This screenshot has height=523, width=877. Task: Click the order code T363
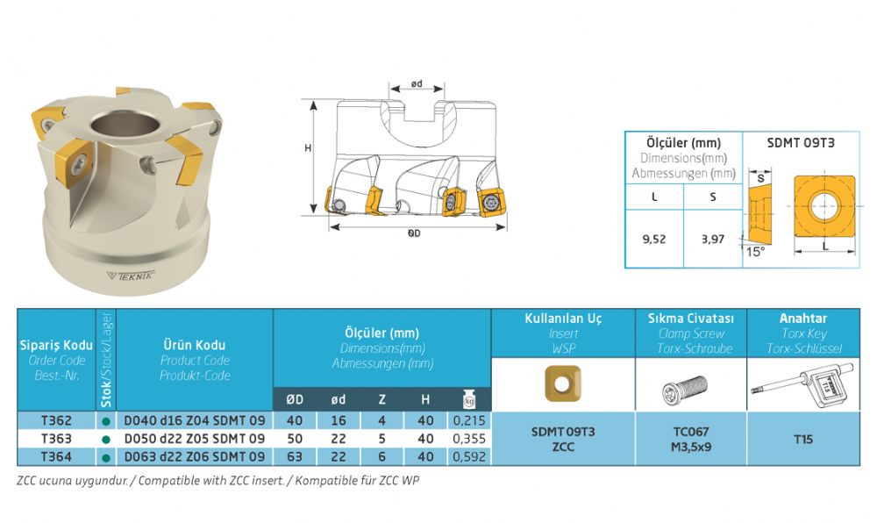pos(56,439)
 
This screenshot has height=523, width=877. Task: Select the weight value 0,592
pos(469,456)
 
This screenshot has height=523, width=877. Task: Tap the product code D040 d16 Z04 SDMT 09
pos(194,420)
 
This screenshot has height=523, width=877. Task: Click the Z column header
pos(382,399)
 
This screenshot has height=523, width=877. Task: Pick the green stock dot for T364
pos(106,457)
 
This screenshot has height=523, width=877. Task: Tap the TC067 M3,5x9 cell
pos(691,439)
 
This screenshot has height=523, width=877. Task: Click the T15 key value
pos(803,439)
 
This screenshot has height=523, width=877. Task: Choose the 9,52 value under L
pos(654,240)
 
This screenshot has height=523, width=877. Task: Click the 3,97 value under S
pos(712,240)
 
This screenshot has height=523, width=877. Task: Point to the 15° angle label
pos(755,252)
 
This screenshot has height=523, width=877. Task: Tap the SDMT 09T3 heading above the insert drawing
pos(801,143)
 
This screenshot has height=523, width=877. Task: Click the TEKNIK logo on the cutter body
pos(131,276)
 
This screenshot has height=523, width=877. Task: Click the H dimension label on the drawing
pos(308,148)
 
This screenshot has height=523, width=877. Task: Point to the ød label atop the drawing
pos(417,84)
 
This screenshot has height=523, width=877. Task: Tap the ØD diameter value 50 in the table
pos(295,439)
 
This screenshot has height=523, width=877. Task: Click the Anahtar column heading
pos(803,319)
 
